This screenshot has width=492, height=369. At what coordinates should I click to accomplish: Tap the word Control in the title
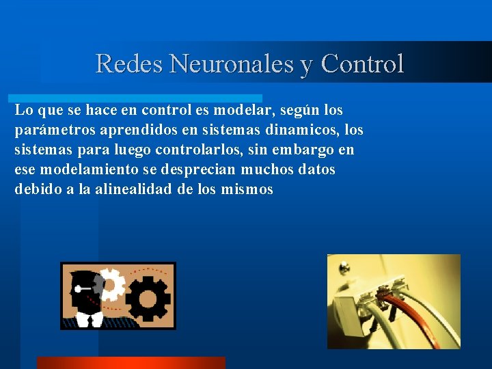click(362, 64)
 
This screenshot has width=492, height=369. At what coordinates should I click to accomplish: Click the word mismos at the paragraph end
click(247, 189)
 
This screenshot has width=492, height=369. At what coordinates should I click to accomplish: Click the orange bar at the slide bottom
click(130, 363)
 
